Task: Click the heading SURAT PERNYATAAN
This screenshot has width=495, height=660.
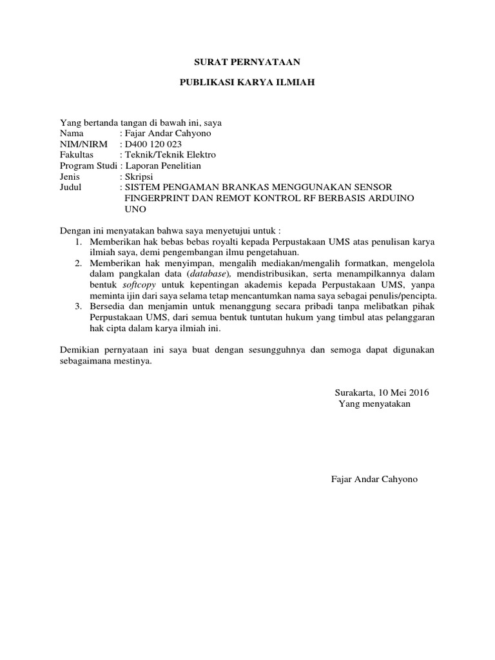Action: click(247, 63)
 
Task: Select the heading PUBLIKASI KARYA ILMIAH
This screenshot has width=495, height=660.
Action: click(247, 84)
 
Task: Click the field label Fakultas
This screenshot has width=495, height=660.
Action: click(77, 155)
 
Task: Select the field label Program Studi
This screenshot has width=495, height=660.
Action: click(88, 166)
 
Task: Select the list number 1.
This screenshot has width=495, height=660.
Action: click(77, 242)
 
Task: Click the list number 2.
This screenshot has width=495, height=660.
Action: click(77, 264)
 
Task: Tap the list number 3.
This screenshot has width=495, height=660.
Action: click(77, 307)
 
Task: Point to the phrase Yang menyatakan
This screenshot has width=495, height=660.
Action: click(374, 403)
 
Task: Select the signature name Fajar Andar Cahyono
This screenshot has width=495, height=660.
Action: click(374, 480)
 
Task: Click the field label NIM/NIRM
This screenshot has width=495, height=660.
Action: click(84, 144)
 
